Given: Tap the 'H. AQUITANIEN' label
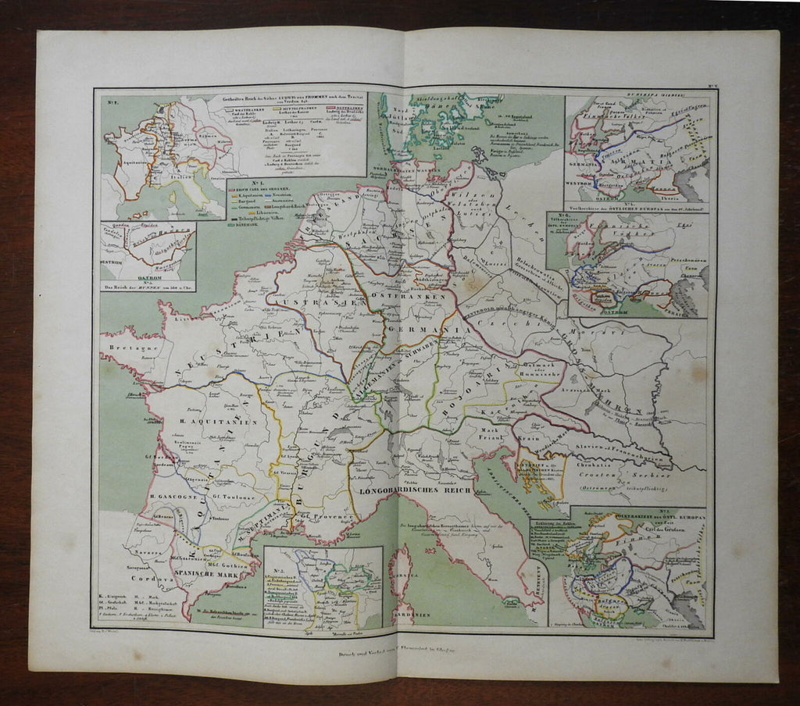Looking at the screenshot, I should (209, 422).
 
